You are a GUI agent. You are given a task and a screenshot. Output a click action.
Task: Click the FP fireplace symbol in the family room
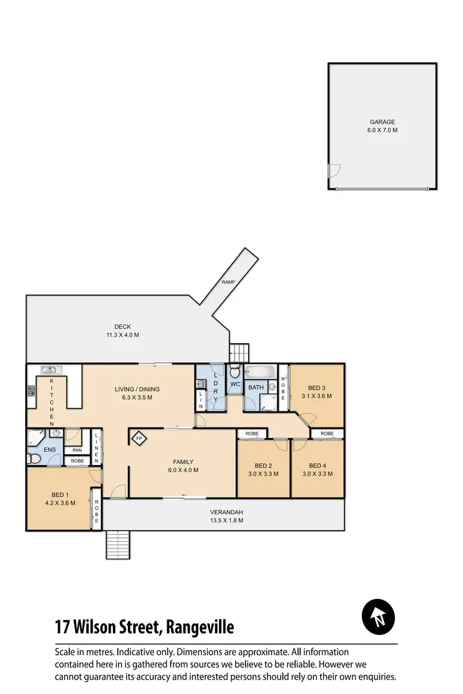click(x=139, y=439)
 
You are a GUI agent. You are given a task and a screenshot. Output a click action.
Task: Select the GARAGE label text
click(x=382, y=122)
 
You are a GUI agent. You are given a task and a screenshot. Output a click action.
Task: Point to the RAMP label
click(x=229, y=283)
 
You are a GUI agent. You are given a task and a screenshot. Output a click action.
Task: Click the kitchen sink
click(x=49, y=370)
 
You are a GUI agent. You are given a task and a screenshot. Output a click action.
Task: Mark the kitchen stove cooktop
click(x=31, y=390)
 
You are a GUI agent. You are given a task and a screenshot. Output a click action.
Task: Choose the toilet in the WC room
click(x=235, y=373)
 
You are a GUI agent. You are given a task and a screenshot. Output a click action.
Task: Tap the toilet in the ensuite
click(x=33, y=459)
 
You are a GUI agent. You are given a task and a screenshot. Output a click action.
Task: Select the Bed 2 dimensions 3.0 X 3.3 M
click(x=263, y=474)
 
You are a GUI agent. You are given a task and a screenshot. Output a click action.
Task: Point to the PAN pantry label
click(x=77, y=450)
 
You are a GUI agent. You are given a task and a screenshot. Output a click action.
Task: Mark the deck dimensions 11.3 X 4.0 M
click(x=122, y=335)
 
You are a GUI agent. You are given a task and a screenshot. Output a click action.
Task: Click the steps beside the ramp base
click(x=239, y=353)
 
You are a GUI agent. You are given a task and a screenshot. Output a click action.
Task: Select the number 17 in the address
click(x=62, y=628)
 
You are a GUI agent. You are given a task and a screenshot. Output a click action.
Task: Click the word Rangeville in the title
click(x=199, y=628)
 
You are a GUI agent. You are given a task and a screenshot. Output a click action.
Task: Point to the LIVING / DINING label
click(x=137, y=389)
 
